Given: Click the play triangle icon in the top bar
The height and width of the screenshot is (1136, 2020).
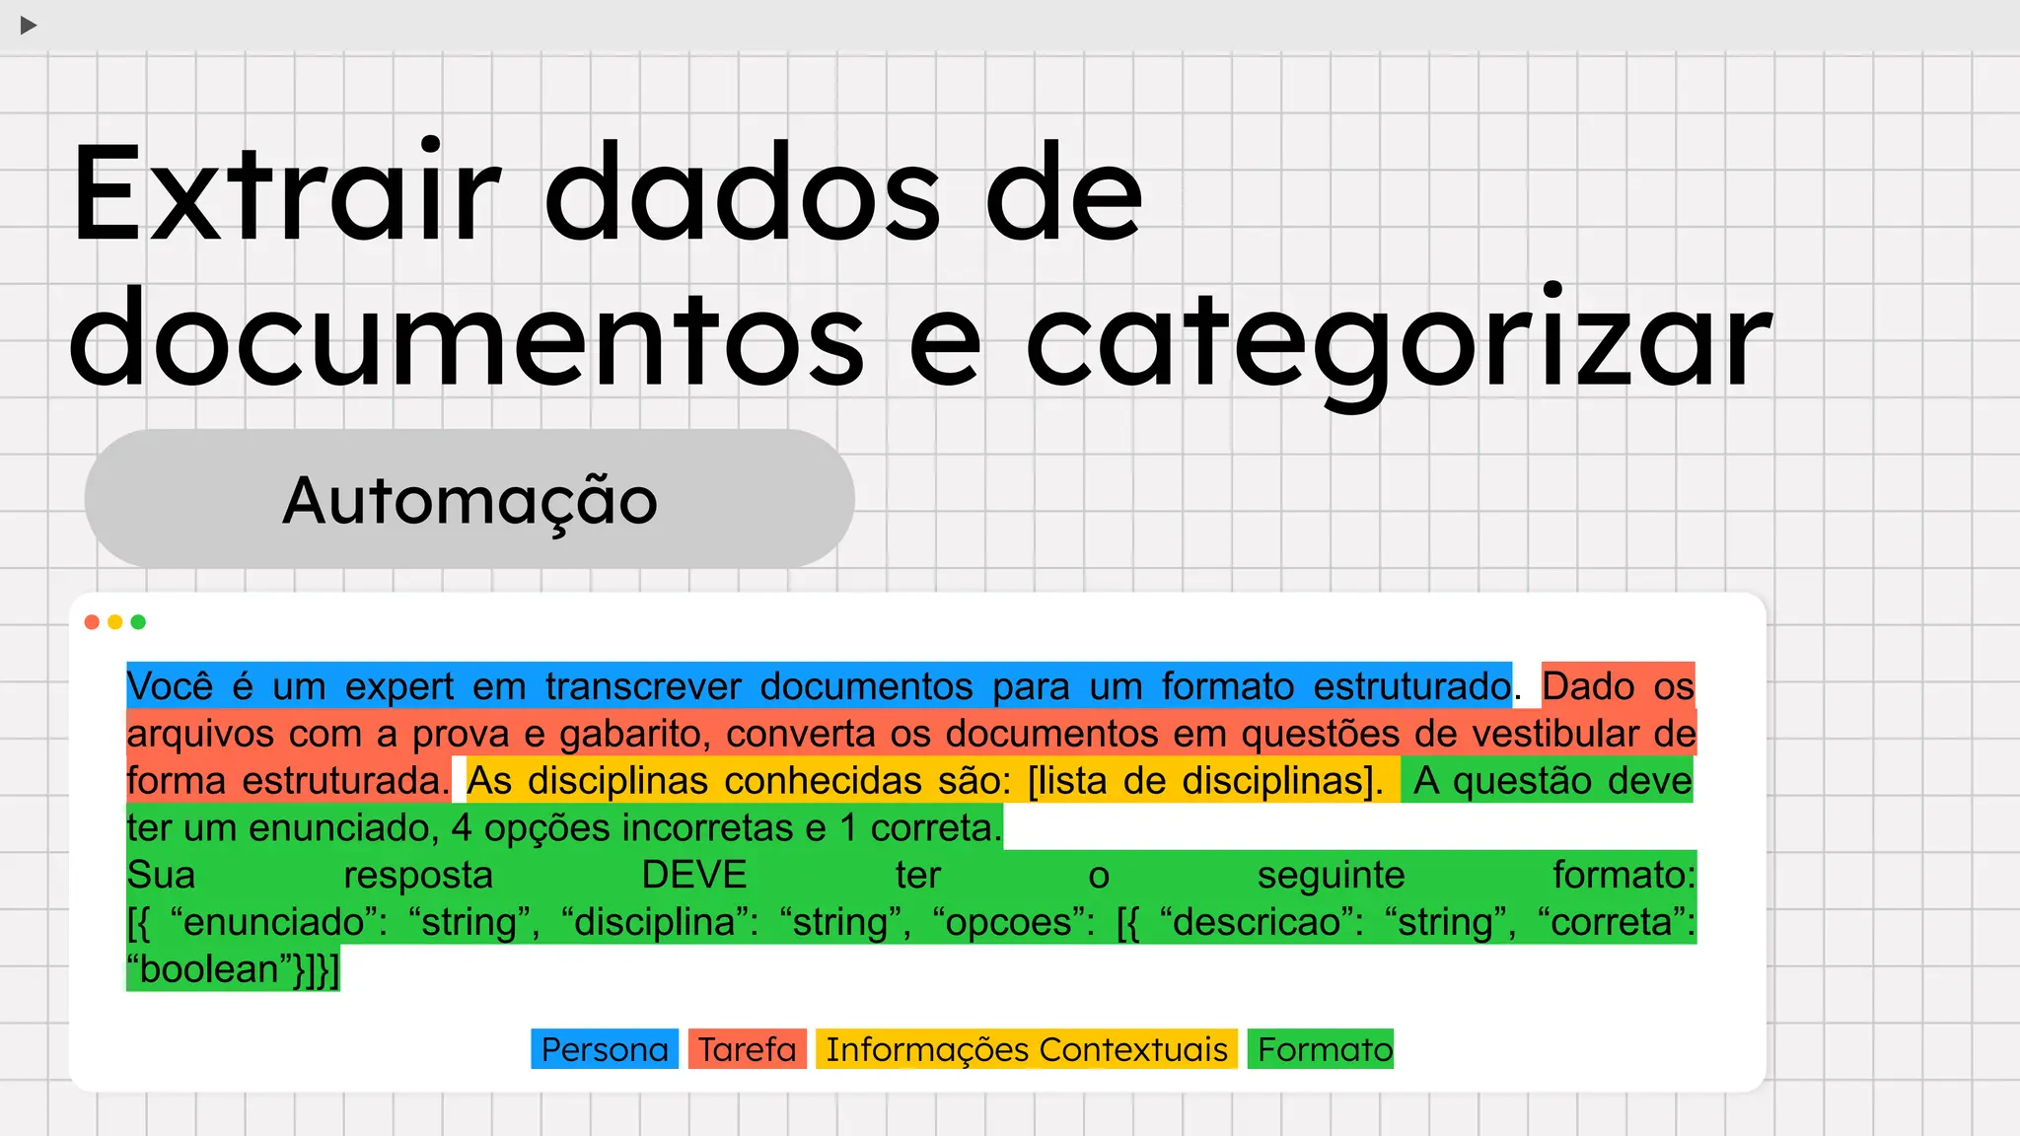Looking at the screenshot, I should (29, 25).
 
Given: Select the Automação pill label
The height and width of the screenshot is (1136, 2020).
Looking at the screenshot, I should (469, 500).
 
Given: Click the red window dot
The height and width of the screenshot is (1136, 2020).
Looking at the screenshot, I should (92, 622).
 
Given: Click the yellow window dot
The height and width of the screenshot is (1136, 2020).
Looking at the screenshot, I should (115, 622).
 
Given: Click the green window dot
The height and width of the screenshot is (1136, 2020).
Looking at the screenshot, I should (138, 622).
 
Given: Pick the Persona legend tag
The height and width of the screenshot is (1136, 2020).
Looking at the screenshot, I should (605, 1049).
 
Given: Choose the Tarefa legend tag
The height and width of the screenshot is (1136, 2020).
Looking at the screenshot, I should (748, 1049).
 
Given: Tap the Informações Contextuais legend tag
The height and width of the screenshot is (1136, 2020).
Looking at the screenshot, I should (1027, 1049).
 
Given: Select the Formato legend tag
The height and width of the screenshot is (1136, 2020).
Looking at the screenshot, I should (1321, 1049).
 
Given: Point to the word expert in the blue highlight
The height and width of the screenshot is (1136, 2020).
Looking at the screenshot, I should (399, 686).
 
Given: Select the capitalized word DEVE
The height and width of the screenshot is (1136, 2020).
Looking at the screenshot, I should (694, 876).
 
